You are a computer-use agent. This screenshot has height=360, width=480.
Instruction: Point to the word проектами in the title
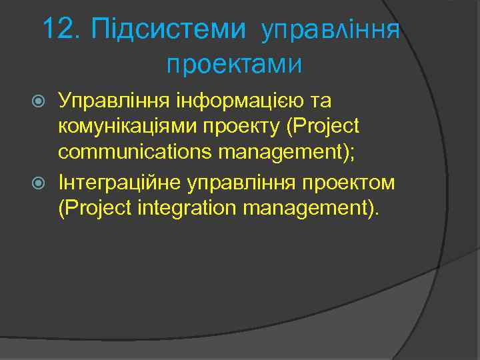[234, 65]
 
